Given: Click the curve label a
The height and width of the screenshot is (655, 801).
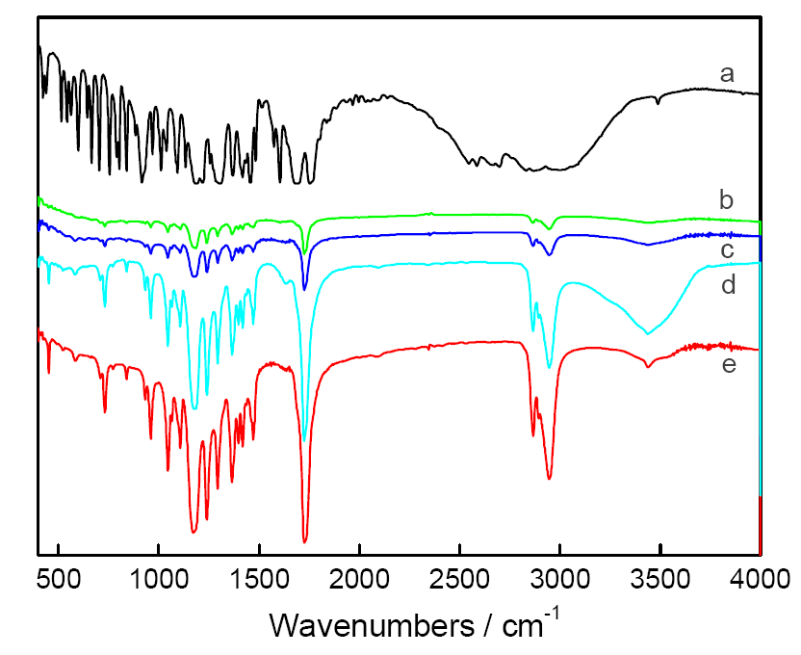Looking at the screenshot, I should [727, 73].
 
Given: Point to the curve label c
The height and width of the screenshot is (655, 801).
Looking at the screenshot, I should [727, 249].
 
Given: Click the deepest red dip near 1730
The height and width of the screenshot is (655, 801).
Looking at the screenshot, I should [305, 541].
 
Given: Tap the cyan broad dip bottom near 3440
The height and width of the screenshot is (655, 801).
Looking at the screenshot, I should [648, 333].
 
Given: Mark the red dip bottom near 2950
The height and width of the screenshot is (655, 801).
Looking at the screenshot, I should [550, 478].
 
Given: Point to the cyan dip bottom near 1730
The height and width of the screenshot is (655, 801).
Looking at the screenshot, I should [304, 439].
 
